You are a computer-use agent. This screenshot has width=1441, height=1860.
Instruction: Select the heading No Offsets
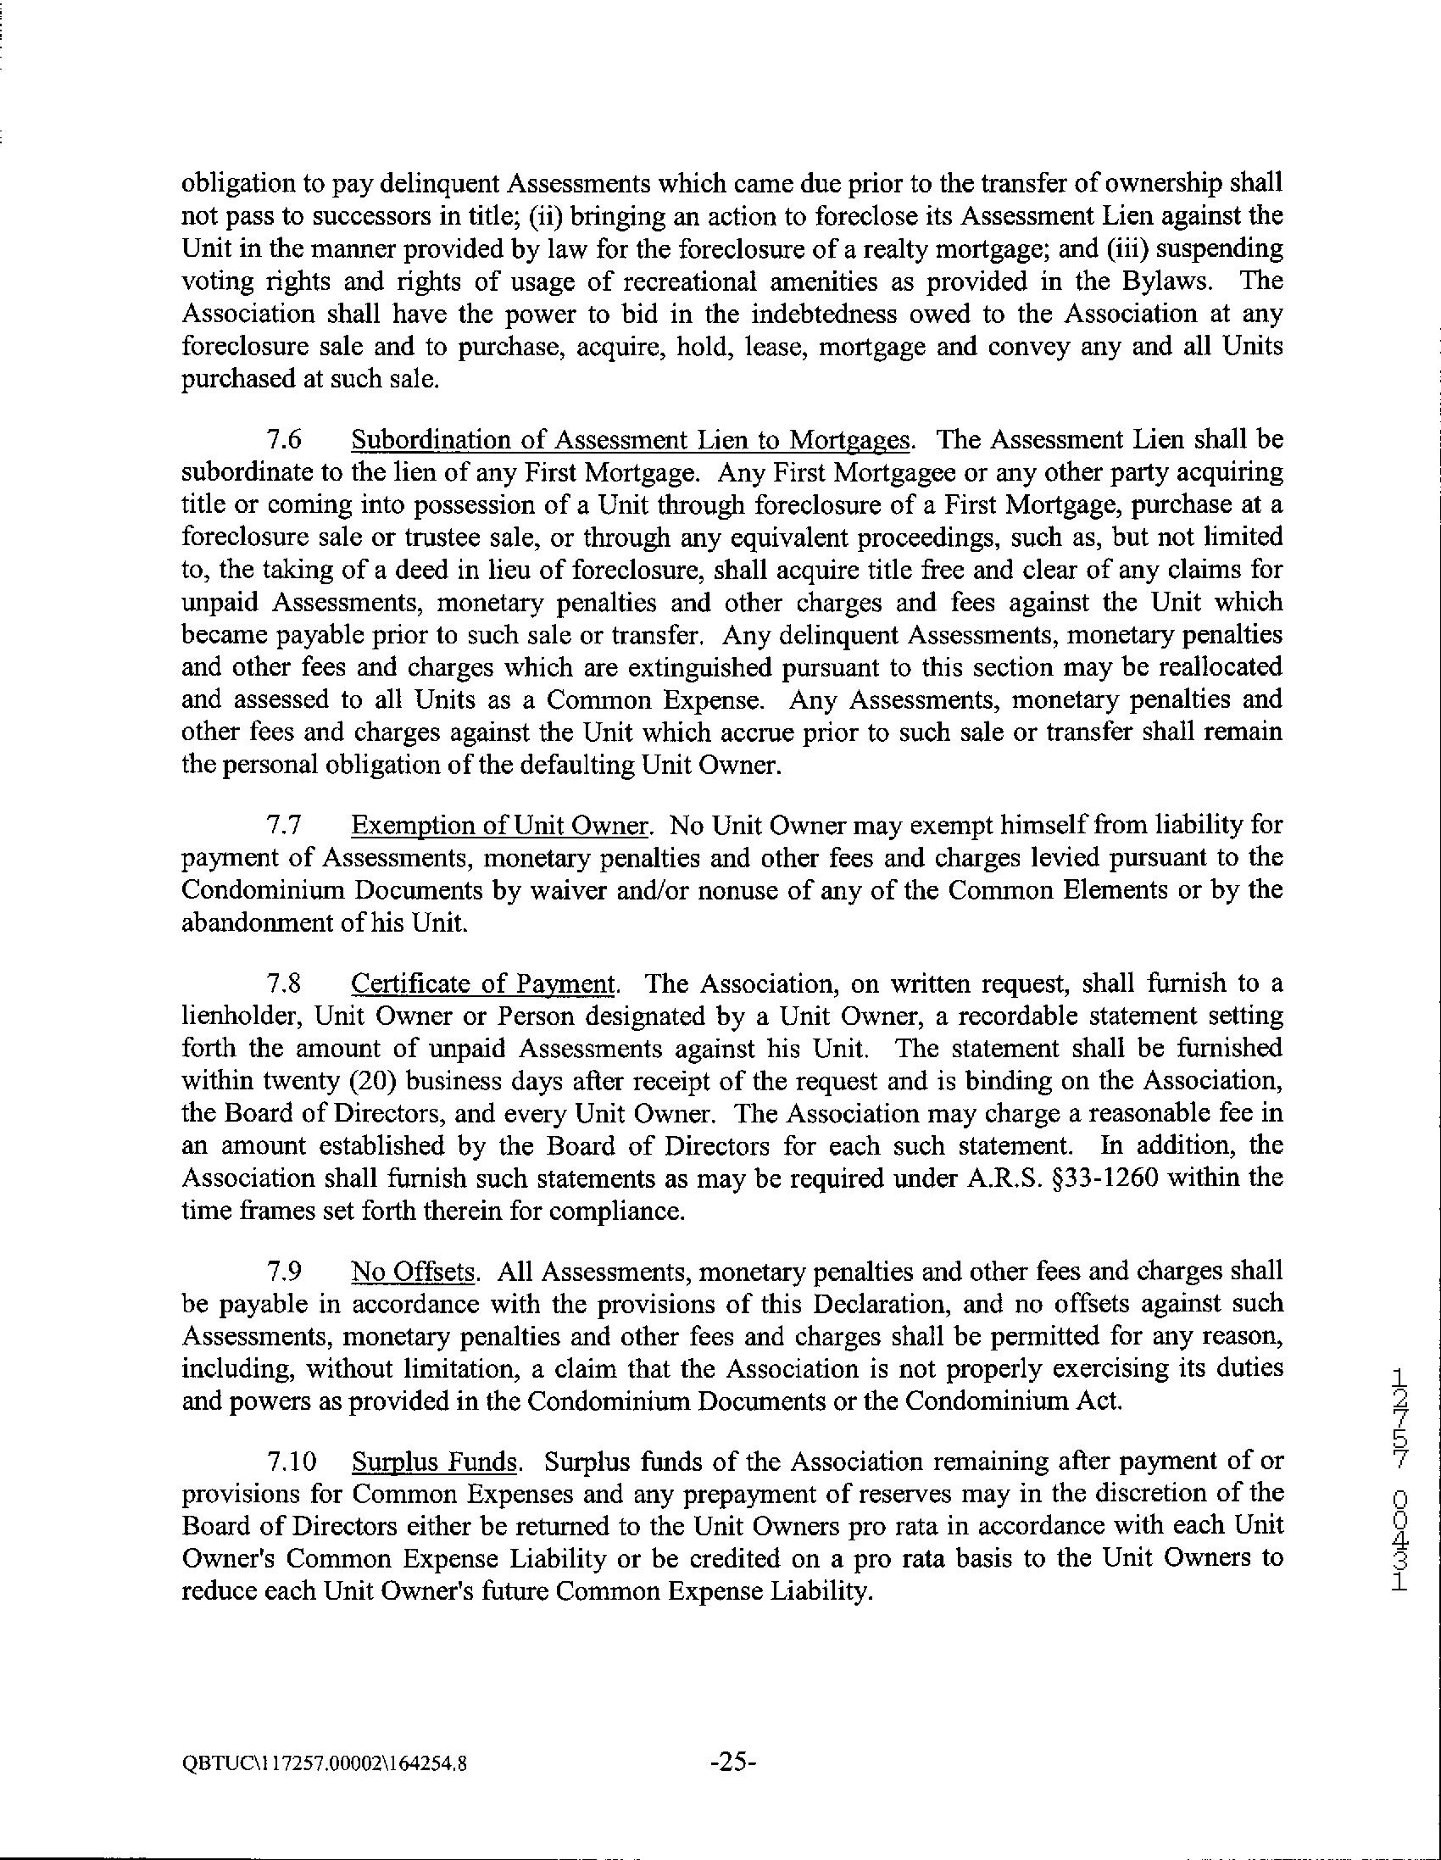pyautogui.click(x=412, y=1272)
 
